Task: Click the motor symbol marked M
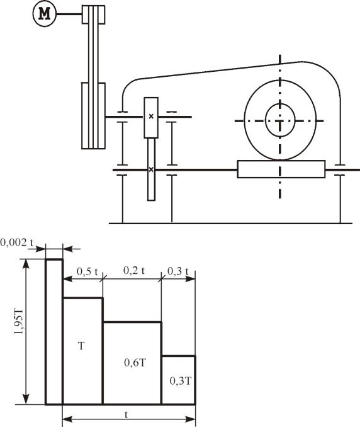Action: [x=44, y=14]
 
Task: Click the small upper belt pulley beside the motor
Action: [x=94, y=14]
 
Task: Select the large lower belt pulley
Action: [x=93, y=116]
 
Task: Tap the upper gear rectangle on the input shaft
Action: [x=151, y=118]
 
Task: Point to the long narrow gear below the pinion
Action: [x=151, y=169]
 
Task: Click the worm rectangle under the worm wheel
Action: [x=281, y=169]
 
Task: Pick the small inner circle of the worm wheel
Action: [x=280, y=120]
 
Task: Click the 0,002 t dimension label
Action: [x=17, y=242]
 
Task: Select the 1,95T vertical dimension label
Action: [x=19, y=321]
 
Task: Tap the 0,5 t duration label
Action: [x=87, y=271]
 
